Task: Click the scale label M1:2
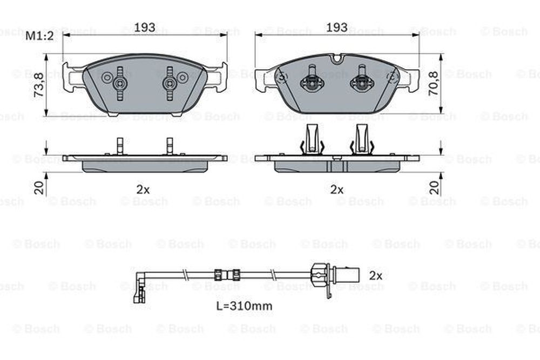point(39,36)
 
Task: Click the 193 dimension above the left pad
point(145,27)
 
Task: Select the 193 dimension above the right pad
point(337,27)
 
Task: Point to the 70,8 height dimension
point(433,84)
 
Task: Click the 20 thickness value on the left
point(39,188)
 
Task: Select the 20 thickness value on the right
point(435,188)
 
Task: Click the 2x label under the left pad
point(143,189)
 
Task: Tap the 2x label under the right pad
point(337,189)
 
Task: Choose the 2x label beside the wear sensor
point(376,275)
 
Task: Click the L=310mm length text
point(244,305)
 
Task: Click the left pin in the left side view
point(120,146)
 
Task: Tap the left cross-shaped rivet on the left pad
point(120,83)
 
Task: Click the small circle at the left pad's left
point(106,77)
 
